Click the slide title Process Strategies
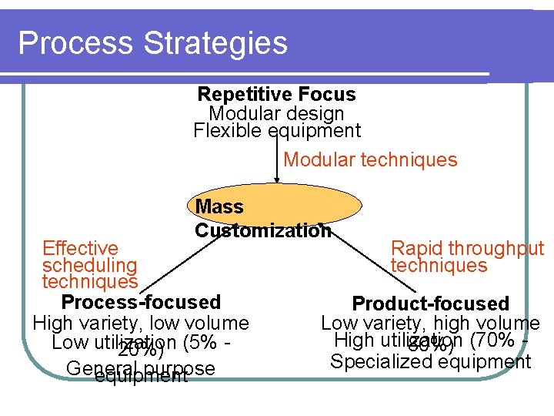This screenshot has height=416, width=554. (x=152, y=43)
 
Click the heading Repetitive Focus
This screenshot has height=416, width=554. (x=276, y=95)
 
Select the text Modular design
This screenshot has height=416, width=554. (x=276, y=113)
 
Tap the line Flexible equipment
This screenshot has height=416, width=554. (x=276, y=130)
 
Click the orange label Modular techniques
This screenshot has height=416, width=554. (x=370, y=160)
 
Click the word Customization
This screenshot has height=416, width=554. (x=262, y=230)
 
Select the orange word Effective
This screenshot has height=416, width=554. (x=80, y=248)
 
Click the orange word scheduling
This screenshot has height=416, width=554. (x=89, y=265)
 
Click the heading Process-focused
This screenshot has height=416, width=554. (x=141, y=302)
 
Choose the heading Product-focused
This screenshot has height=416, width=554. (x=430, y=304)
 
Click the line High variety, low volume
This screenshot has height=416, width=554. (x=141, y=323)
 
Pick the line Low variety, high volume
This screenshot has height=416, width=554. (x=430, y=324)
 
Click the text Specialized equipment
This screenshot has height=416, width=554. (x=430, y=361)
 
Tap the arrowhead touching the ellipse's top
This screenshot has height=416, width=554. (x=277, y=179)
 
